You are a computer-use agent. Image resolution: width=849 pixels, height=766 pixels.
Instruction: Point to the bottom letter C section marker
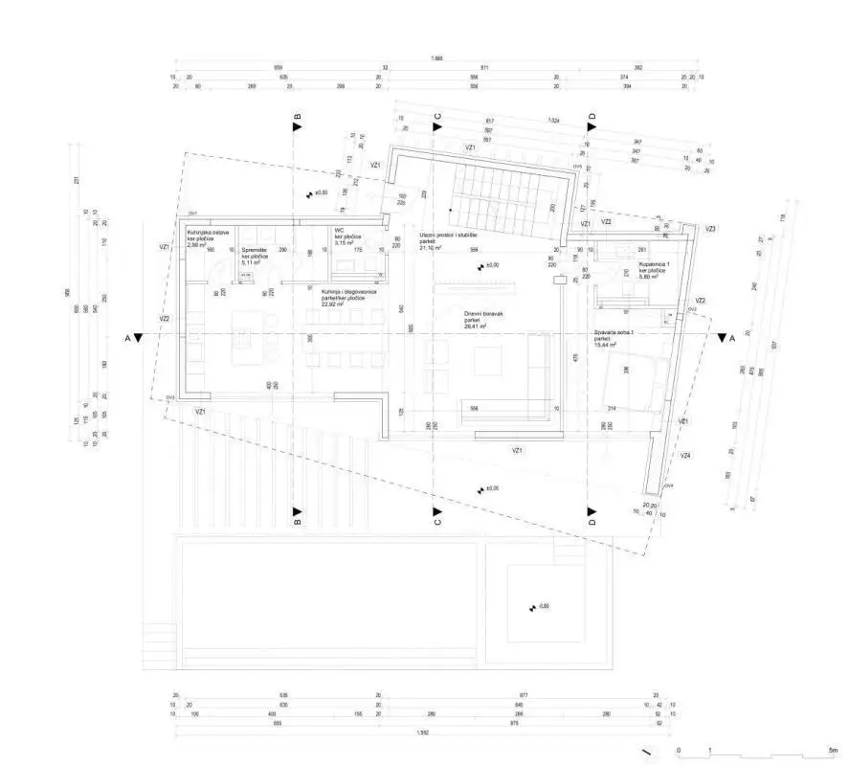[x=437, y=522]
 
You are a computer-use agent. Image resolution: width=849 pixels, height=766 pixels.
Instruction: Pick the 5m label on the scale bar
[x=833, y=749]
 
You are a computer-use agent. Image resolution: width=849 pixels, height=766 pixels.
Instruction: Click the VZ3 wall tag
[x=710, y=229]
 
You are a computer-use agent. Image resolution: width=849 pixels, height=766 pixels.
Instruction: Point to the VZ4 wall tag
[x=685, y=456]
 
